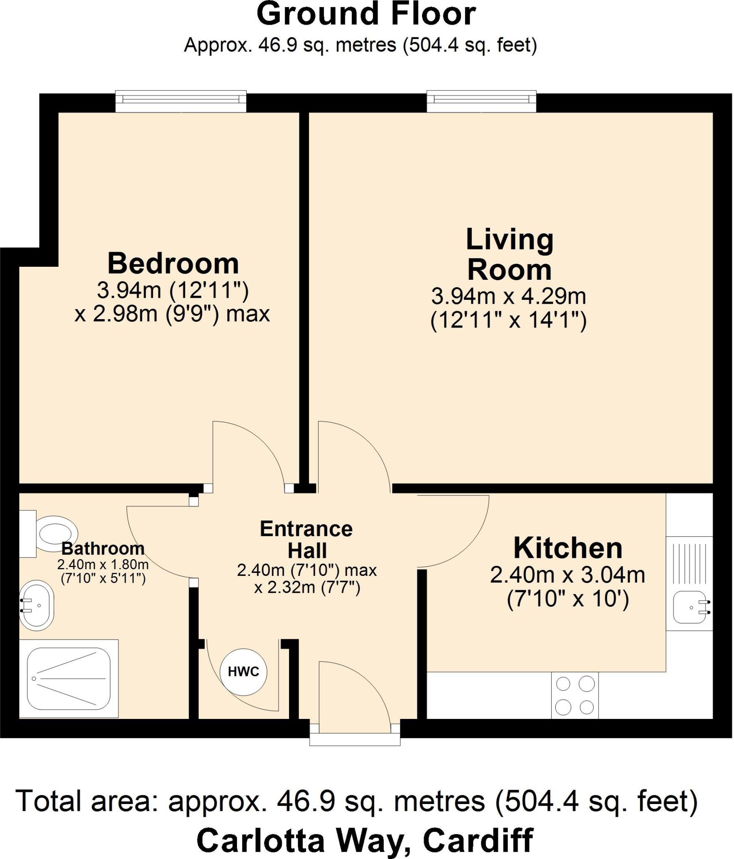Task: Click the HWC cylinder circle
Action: coord(243,672)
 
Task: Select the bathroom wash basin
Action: coord(36,605)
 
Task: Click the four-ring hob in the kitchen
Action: coord(575,696)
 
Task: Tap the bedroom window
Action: coord(181,101)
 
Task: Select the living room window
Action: coord(481,101)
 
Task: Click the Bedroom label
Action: coord(173,263)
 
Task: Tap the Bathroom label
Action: coord(103,548)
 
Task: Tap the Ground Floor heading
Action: coord(366,15)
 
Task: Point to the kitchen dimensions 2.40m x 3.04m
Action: coord(567,575)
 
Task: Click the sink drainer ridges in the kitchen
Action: coord(690,562)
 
